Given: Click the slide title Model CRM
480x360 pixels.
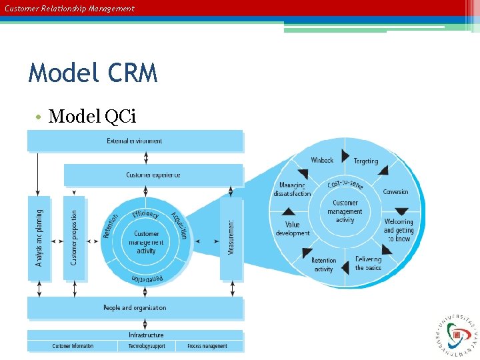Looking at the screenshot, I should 93,73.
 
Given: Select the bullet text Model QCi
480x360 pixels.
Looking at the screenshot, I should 92,117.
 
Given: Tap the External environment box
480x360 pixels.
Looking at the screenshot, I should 135,141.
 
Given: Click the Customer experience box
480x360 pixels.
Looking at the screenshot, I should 153,175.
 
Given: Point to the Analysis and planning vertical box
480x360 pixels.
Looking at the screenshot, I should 39,237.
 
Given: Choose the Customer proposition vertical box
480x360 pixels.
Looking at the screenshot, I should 74,237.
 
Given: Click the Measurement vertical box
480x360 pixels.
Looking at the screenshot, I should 231,237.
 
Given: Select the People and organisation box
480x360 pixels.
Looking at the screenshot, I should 135,308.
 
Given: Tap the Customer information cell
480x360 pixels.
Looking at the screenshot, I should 73,346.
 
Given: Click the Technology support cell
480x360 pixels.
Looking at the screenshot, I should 146,346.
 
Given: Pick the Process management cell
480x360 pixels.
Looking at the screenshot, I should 207,346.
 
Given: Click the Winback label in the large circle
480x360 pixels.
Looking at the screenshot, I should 322,160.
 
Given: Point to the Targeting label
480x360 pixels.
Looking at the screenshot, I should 365,161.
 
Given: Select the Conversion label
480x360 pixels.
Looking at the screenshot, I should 395,192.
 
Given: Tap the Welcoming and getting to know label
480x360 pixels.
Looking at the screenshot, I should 399,230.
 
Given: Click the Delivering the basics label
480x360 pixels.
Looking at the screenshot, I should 368,263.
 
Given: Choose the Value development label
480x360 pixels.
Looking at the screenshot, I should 293,229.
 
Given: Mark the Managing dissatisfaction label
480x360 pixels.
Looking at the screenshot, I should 292,189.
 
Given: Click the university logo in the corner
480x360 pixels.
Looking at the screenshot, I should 457,331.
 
